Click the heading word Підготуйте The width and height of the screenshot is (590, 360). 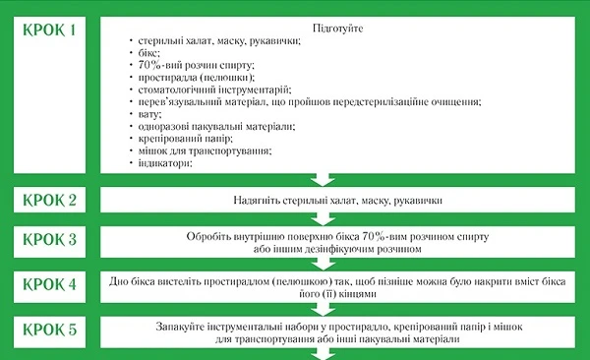[337, 29]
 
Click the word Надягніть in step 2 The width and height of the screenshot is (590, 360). [258, 201]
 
